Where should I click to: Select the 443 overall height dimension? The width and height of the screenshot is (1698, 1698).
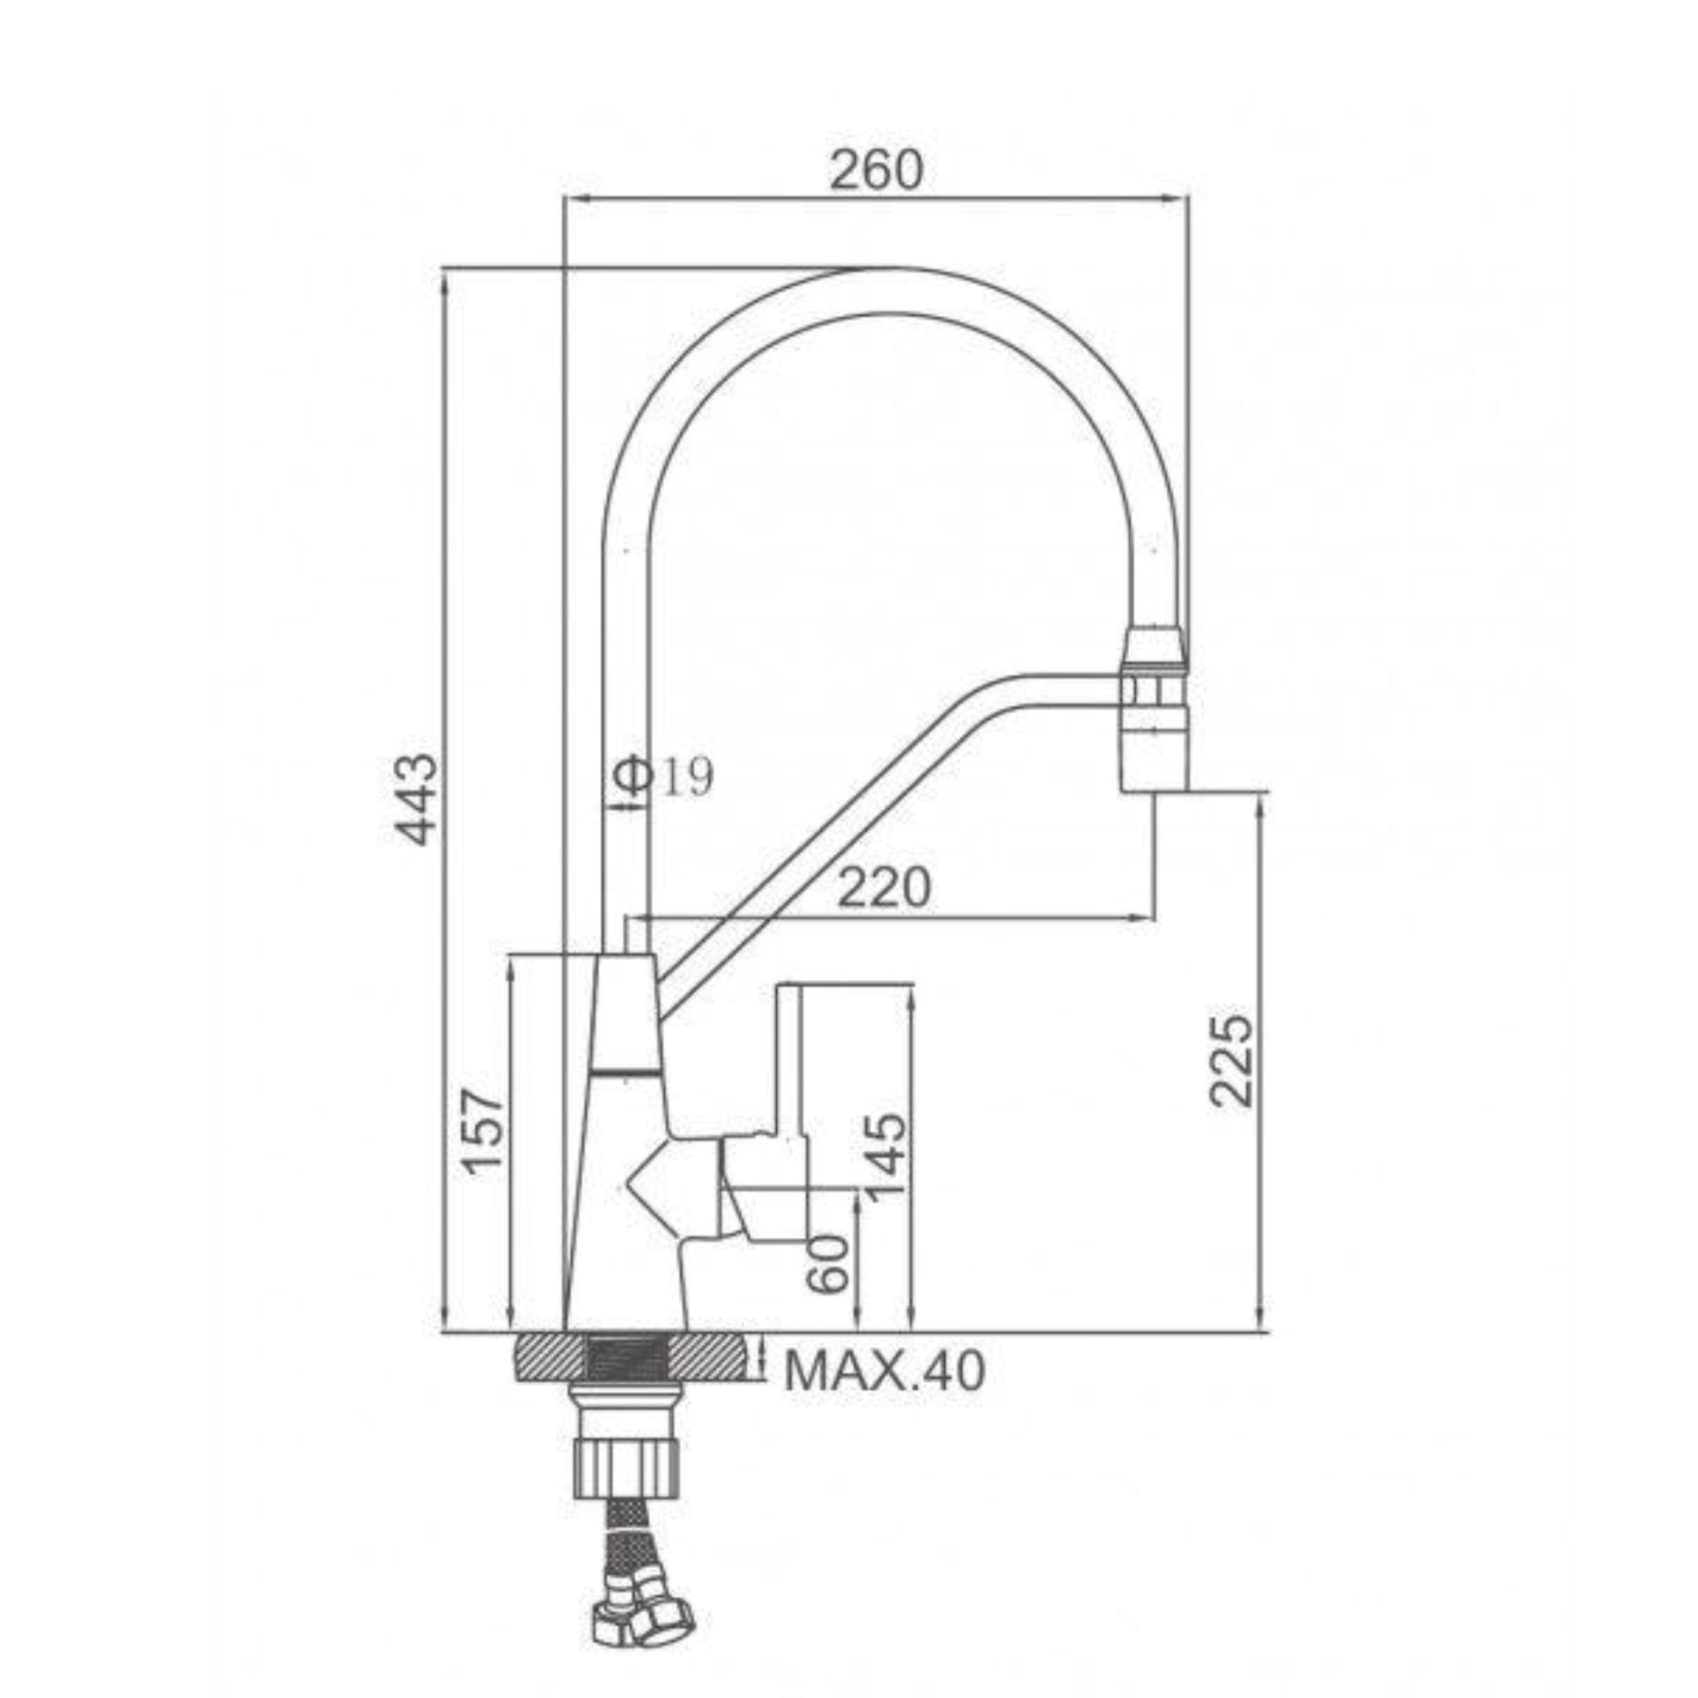pos(417,798)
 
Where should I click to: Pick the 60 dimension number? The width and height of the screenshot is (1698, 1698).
pos(828,1264)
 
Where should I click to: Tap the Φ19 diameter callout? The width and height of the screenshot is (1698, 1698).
pos(664,776)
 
